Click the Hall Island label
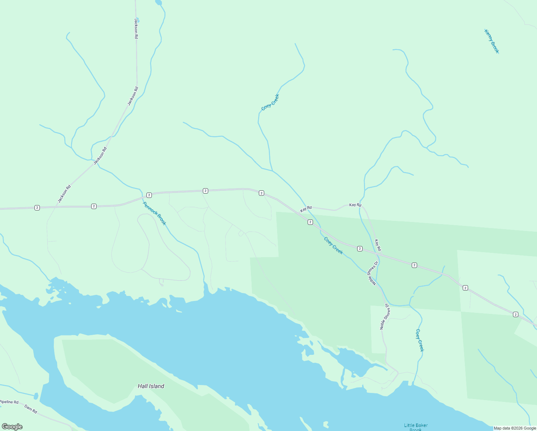coord(151,386)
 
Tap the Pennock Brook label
coord(155,213)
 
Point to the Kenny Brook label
coord(491,41)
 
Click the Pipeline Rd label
coord(9,402)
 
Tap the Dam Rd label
coord(31,409)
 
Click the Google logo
coord(12,427)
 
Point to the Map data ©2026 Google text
coord(514,428)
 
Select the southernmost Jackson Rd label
coord(65,194)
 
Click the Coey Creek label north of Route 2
coord(270,102)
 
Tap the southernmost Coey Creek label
coord(420,340)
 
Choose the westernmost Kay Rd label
coord(306,208)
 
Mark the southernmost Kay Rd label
coord(378,245)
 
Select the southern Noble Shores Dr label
coord(385,316)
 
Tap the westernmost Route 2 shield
coord(37,208)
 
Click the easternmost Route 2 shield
coord(515,315)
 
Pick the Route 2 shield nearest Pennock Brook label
coord(149,195)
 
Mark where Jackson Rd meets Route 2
coord(57,207)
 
